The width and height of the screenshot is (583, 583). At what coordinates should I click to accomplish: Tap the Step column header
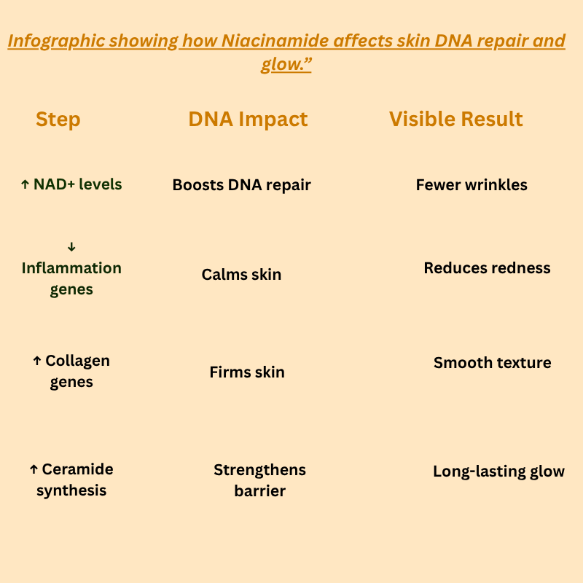tap(58, 120)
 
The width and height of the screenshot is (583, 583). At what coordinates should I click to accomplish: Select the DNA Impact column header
tap(248, 120)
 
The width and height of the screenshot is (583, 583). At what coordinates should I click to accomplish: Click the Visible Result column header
tap(456, 120)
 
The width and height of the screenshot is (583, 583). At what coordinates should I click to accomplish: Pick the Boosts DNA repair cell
tap(241, 185)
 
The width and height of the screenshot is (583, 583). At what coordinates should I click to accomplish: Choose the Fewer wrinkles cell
tap(472, 185)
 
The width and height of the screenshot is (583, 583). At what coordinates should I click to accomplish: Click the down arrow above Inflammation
tap(71, 248)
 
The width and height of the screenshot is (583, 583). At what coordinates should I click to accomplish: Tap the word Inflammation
tap(71, 268)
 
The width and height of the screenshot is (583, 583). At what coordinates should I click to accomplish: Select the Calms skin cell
tap(241, 275)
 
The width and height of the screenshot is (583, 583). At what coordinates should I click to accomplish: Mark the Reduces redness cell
tap(487, 268)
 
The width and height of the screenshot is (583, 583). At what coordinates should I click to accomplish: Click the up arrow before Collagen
tap(37, 361)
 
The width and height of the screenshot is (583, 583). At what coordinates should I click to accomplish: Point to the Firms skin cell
tap(247, 372)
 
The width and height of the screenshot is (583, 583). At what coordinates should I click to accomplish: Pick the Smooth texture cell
tap(492, 363)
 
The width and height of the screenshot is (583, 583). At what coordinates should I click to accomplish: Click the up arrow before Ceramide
tap(34, 470)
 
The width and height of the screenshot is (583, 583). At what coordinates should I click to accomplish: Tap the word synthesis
tap(71, 490)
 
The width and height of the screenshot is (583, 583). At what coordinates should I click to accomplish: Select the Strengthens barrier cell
tap(259, 480)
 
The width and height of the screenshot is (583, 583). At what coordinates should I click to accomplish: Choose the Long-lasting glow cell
tap(498, 472)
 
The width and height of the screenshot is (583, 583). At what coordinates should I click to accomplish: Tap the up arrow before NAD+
tap(25, 185)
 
